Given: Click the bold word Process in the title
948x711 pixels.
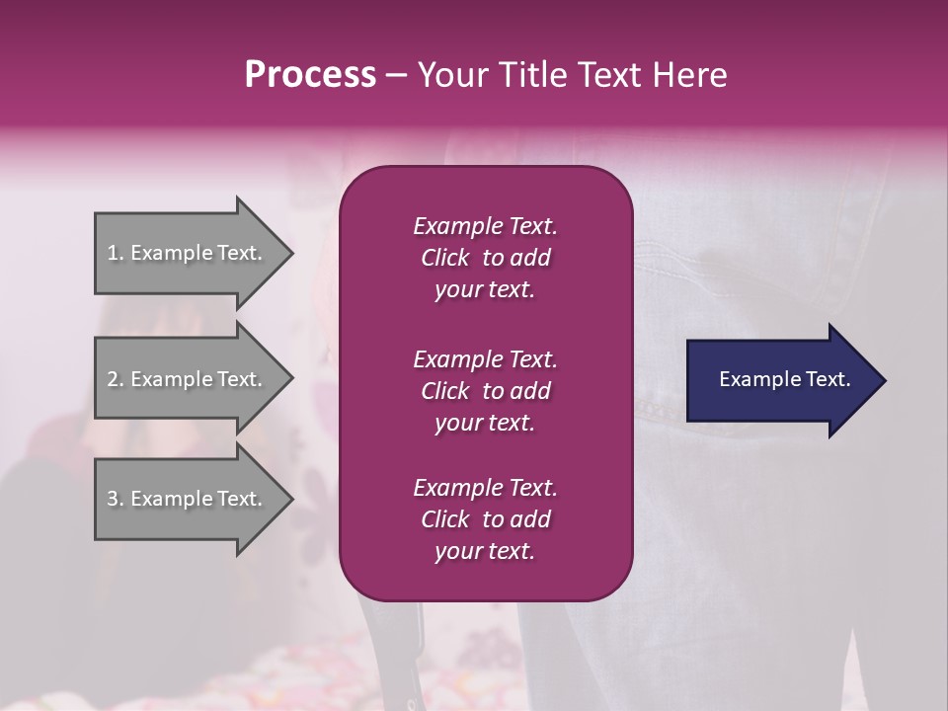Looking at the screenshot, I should tap(310, 75).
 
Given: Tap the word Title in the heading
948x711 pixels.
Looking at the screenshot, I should tap(531, 75).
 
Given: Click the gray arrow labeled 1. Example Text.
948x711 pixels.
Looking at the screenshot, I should tap(188, 253).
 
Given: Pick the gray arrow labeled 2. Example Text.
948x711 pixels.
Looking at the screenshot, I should tap(188, 379).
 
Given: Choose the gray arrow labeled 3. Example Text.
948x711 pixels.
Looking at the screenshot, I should tap(188, 499).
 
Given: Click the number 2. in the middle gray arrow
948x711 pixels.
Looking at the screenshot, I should tap(116, 379).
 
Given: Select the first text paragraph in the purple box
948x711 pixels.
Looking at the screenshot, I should tap(485, 258).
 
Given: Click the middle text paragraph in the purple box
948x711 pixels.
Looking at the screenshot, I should tap(485, 391).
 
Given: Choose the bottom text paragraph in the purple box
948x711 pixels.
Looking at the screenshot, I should tap(485, 519).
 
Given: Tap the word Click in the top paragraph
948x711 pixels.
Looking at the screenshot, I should tap(444, 258).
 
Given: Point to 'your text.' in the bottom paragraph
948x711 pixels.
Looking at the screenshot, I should tap(485, 552).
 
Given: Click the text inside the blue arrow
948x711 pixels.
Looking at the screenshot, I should tap(784, 379).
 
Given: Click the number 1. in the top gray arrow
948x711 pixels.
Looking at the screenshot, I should tap(116, 253).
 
